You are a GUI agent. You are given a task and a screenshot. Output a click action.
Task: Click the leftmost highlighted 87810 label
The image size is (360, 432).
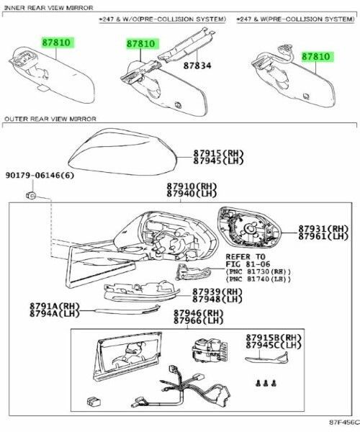coord(57,42)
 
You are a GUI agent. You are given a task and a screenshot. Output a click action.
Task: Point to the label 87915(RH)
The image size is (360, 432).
coord(218,154)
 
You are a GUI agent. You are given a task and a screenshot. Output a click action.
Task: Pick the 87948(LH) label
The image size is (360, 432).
coord(217,300)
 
